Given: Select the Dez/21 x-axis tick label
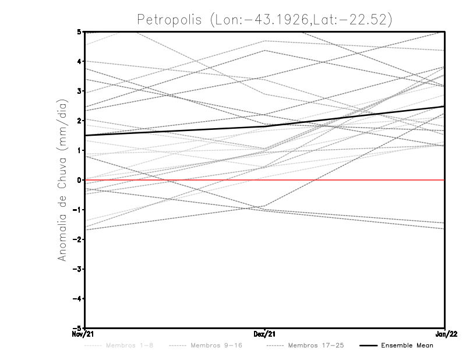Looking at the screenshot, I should click(x=265, y=334).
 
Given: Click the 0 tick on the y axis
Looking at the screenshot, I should click(x=82, y=180).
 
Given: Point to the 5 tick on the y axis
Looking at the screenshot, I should click(x=82, y=31).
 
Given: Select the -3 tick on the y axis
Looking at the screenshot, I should click(x=80, y=269).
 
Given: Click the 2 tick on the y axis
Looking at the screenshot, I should click(x=82, y=121).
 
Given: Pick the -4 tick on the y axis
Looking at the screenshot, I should click(x=80, y=299).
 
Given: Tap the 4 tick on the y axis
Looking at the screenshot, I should click(x=82, y=61).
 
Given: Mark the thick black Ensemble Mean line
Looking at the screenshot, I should click(x=175, y=131).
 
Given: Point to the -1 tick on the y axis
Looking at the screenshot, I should click(x=80, y=210).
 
